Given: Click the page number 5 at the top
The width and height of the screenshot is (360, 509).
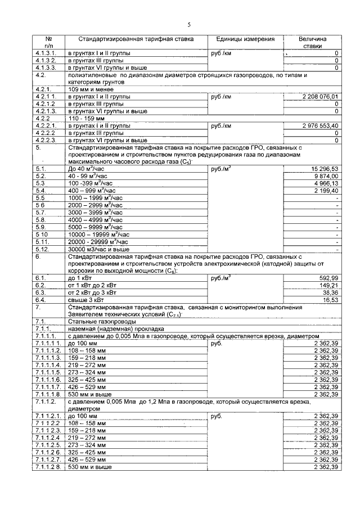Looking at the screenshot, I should [189, 24].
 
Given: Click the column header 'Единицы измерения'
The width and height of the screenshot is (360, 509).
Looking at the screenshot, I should [245, 39].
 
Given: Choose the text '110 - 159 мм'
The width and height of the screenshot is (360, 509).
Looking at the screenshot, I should [87, 119].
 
